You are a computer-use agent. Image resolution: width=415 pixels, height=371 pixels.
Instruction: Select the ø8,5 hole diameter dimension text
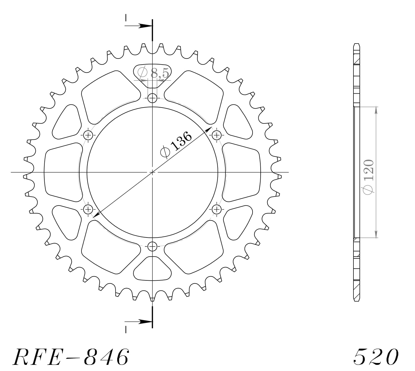[x=153, y=73]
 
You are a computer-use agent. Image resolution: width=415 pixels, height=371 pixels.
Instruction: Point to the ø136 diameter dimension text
[x=176, y=144]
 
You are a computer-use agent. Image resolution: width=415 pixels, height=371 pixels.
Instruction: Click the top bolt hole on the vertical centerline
[x=152, y=98]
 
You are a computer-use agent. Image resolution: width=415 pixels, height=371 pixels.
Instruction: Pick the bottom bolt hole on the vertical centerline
[x=152, y=246]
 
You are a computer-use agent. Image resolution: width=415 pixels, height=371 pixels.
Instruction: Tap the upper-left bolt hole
[x=88, y=135]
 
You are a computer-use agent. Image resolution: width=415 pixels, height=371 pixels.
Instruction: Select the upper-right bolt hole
[x=217, y=135]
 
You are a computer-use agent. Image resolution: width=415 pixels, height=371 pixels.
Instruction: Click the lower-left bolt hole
[x=88, y=209]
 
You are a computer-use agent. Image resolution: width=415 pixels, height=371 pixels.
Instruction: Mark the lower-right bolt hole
[x=217, y=209]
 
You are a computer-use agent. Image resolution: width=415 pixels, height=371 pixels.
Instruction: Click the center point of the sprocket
[x=152, y=172]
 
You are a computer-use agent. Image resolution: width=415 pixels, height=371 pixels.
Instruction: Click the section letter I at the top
[x=126, y=18]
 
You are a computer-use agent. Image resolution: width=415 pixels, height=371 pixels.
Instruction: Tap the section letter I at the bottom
[x=126, y=329]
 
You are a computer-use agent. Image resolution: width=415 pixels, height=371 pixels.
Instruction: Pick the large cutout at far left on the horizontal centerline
[x=62, y=172]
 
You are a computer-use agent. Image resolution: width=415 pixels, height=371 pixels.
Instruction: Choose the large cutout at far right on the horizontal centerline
[x=242, y=172]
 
